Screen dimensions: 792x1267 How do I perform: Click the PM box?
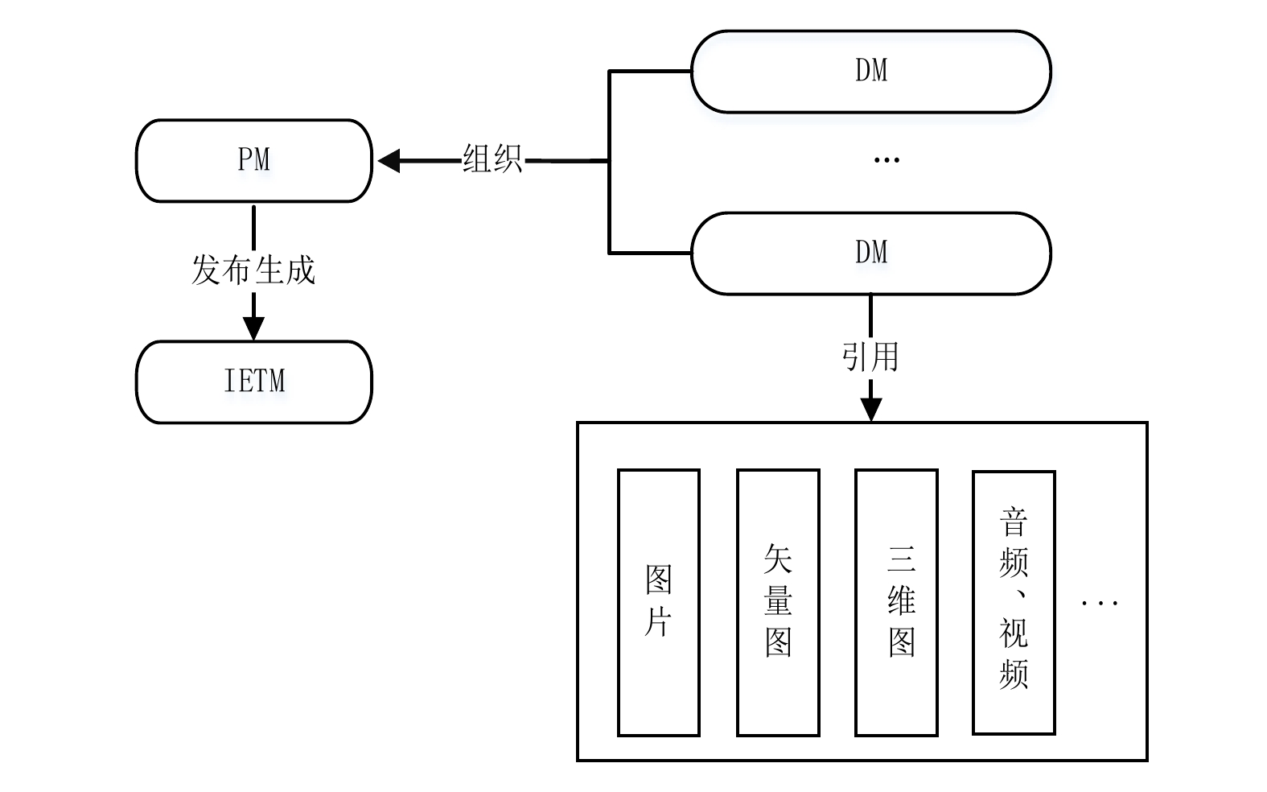(x=253, y=161)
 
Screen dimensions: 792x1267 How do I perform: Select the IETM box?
(x=253, y=382)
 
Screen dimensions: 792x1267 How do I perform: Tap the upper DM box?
(x=871, y=72)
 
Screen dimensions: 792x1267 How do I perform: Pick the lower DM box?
(x=871, y=254)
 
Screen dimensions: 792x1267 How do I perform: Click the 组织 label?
(x=492, y=159)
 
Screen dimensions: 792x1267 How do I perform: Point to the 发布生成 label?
(x=253, y=270)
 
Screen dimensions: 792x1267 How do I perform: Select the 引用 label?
(x=870, y=356)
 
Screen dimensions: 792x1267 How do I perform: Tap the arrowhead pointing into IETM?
(x=253, y=328)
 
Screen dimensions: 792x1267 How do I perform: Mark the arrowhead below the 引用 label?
(x=870, y=409)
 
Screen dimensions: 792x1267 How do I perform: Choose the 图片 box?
(x=658, y=602)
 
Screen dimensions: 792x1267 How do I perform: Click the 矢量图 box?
(x=778, y=602)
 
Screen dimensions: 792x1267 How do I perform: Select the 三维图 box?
(x=896, y=602)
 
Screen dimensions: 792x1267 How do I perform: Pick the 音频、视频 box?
(x=1014, y=602)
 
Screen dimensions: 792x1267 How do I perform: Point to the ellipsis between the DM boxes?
(x=886, y=160)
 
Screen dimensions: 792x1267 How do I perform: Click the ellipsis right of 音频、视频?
(x=1099, y=602)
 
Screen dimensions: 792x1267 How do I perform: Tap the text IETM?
(x=254, y=381)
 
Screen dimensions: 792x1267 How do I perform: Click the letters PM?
(x=254, y=159)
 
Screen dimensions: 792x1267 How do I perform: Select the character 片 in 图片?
(x=658, y=622)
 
